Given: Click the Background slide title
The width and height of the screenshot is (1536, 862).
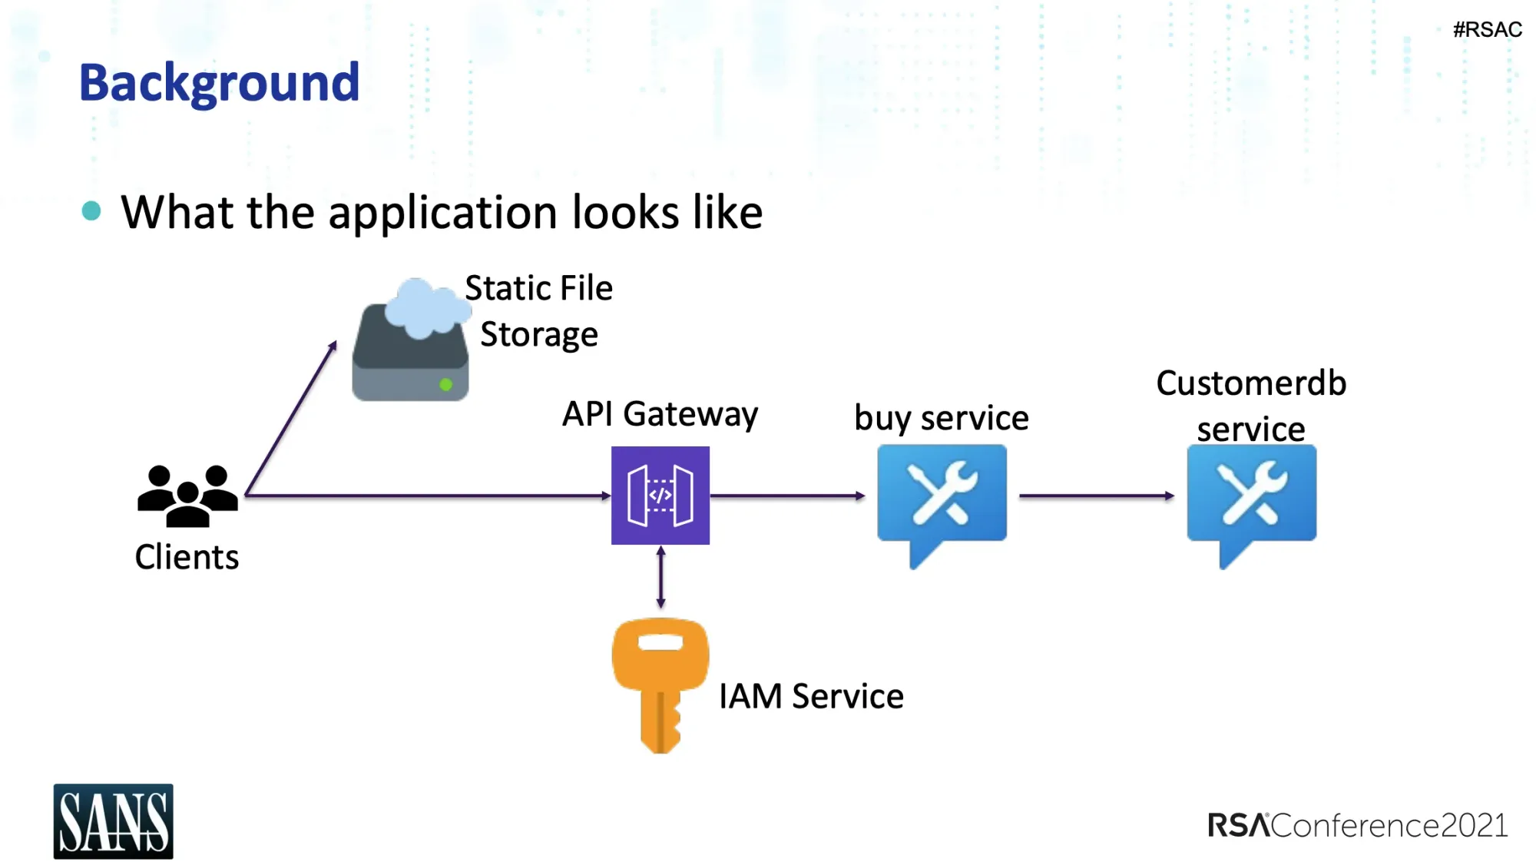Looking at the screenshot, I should [219, 83].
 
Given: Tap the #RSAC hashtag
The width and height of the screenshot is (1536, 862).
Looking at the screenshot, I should [1487, 30].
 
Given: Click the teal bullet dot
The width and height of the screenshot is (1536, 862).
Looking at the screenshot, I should [91, 211].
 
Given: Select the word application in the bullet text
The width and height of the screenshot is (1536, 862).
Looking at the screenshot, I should [442, 213].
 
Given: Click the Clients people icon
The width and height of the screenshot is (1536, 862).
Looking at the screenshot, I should [187, 496].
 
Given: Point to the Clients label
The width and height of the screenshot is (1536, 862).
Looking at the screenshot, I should [187, 557].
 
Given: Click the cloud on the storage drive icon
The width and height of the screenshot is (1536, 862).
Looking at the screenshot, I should [425, 308].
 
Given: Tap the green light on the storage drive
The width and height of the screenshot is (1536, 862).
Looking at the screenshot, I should [445, 384].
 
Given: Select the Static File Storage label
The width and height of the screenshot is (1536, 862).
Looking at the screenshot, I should [538, 311].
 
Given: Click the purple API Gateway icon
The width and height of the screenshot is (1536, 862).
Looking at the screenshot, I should [660, 496].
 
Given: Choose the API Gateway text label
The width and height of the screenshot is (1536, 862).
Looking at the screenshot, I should [660, 414].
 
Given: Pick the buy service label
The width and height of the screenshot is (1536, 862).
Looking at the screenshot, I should [941, 419].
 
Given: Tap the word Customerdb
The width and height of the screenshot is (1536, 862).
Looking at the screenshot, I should [1251, 383].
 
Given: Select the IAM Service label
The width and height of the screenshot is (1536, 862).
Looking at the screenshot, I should [811, 697].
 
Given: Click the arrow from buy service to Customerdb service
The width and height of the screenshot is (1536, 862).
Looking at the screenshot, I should [1096, 496].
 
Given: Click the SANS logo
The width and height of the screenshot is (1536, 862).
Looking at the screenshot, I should [113, 821].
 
